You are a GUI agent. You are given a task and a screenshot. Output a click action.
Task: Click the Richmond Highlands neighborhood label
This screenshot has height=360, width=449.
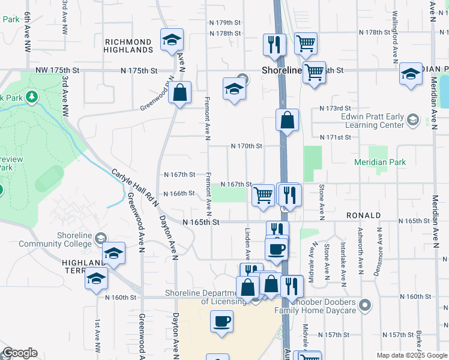click(x=128, y=46)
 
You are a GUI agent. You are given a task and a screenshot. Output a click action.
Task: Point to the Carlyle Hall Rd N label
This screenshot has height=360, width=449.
click(x=135, y=188)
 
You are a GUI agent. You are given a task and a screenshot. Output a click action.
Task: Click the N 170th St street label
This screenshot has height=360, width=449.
click(x=247, y=146)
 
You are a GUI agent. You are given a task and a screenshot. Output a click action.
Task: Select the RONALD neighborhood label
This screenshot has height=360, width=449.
click(x=363, y=215)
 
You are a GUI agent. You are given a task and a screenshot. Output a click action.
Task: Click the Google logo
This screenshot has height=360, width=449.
click(x=19, y=353)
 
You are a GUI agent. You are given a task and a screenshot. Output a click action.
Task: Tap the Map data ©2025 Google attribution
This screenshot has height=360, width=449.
click(x=411, y=355)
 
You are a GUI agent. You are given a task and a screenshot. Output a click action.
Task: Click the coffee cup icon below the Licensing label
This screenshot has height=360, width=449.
click(x=221, y=320)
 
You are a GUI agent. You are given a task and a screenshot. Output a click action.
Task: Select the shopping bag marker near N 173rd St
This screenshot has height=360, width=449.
click(x=288, y=119)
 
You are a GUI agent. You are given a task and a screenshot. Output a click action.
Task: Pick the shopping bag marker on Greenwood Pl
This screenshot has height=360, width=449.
click(x=179, y=92)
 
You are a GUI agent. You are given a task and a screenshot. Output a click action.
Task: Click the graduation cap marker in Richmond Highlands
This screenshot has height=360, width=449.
click(x=172, y=40)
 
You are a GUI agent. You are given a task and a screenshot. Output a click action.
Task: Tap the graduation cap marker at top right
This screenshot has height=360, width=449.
click(x=411, y=74)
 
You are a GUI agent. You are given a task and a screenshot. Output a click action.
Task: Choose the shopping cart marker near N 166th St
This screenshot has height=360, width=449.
click(x=263, y=195)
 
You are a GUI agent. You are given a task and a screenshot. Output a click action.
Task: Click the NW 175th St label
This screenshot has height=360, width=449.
click(x=58, y=70)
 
